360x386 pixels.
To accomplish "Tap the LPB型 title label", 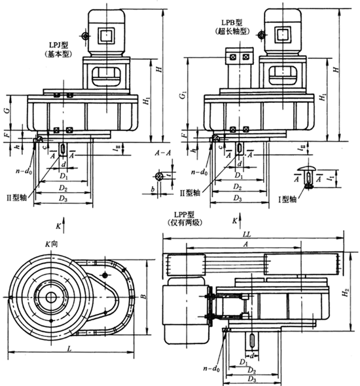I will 238,22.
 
